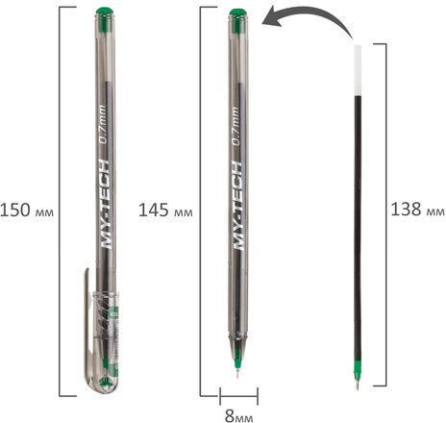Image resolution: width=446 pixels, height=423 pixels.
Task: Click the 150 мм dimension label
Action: (x=27, y=211)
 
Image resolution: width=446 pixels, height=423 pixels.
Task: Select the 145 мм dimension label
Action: (x=165, y=211)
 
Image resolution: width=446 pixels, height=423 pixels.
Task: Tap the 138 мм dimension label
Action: (x=418, y=210)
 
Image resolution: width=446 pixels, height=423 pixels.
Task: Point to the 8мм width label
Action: (x=238, y=416)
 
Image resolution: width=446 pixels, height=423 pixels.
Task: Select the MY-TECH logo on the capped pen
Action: (x=106, y=204)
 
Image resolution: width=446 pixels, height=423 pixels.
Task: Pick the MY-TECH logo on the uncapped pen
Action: (x=237, y=206)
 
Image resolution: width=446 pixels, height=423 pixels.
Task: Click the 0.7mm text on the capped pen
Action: (x=102, y=125)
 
